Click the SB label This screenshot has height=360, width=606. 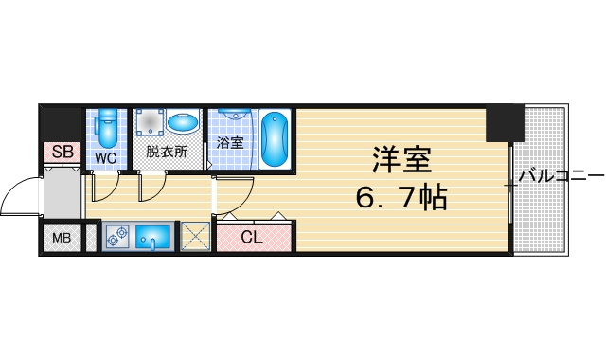point(62,152)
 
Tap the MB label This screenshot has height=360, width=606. point(62,238)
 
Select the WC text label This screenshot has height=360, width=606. point(106,158)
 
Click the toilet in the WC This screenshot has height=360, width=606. point(107,128)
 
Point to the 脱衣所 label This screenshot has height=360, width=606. point(167,152)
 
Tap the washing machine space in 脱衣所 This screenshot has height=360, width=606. point(150,121)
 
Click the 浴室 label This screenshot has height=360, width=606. point(229,143)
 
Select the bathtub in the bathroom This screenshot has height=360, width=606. point(275,139)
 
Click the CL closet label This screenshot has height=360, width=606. point(252,237)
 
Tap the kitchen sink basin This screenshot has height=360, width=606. point(153,237)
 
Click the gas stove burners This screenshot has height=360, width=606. point(117,236)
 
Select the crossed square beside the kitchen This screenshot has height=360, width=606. point(195,236)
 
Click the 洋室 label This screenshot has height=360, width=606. point(401,160)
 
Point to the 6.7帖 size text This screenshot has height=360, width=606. point(401,197)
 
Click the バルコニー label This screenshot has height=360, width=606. point(561,177)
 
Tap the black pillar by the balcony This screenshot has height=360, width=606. point(505,123)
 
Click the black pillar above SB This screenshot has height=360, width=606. point(62,124)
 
